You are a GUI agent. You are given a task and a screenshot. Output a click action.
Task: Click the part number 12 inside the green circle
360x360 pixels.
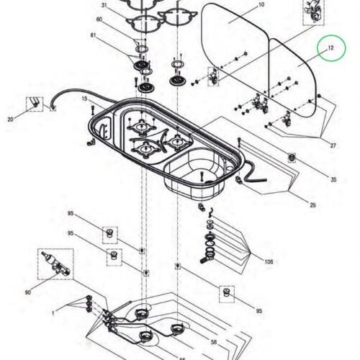330,48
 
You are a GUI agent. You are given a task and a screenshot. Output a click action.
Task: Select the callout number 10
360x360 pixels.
261,4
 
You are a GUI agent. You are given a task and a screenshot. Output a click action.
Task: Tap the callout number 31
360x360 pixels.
104,5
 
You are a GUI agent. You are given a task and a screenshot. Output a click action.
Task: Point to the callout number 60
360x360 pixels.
99,19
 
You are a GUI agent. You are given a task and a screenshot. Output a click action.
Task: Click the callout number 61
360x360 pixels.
93,35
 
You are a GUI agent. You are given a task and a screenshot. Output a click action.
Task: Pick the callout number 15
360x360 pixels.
84,99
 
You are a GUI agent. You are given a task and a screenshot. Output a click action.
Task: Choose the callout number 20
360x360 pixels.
10,119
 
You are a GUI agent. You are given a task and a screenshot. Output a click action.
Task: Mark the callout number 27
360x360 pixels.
333,145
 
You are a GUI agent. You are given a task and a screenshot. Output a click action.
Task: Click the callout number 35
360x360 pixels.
333,179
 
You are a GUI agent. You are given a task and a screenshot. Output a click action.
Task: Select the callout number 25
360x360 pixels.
312,205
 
